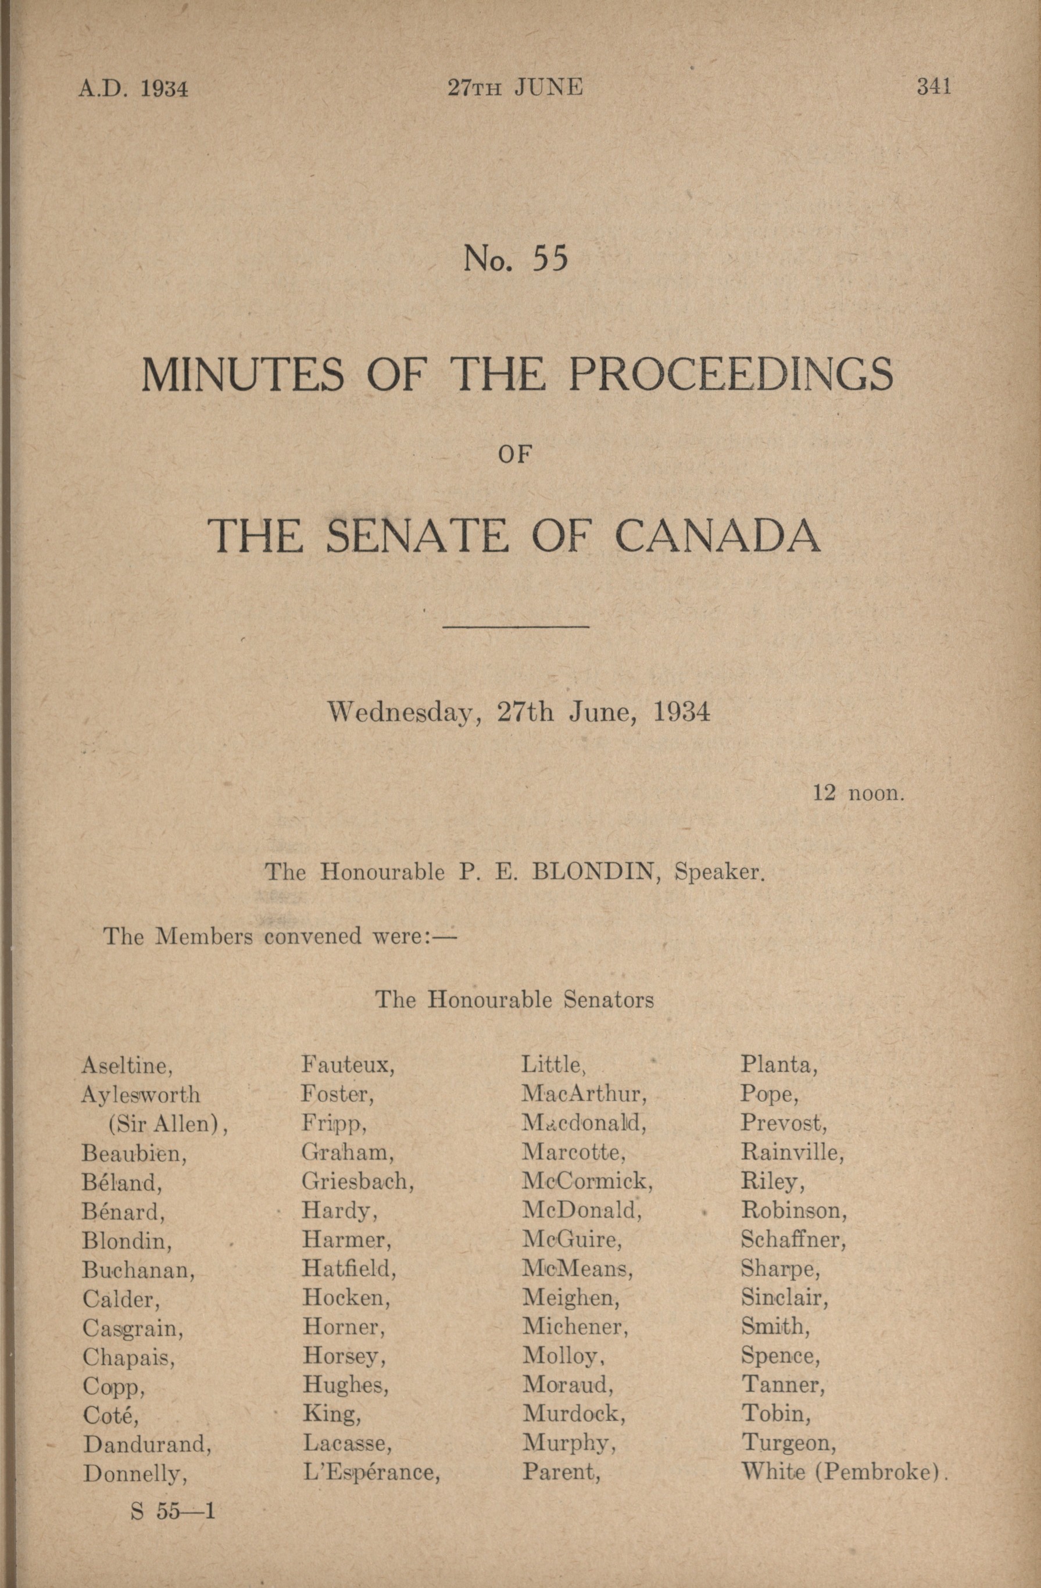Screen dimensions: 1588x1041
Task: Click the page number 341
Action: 933,87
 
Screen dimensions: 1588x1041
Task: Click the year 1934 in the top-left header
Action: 163,89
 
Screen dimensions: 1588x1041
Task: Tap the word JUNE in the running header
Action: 548,87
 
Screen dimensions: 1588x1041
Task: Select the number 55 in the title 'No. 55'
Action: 550,259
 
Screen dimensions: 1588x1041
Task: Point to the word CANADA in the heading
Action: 717,536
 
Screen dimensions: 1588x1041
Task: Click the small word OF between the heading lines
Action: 515,455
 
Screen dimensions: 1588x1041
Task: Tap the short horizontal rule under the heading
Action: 516,627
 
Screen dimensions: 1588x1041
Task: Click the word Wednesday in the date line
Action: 401,713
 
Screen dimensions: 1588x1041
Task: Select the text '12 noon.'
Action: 858,793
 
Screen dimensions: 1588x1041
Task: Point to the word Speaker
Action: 718,872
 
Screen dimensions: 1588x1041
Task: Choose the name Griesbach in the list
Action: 357,1182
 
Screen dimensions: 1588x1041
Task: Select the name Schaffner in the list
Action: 793,1240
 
